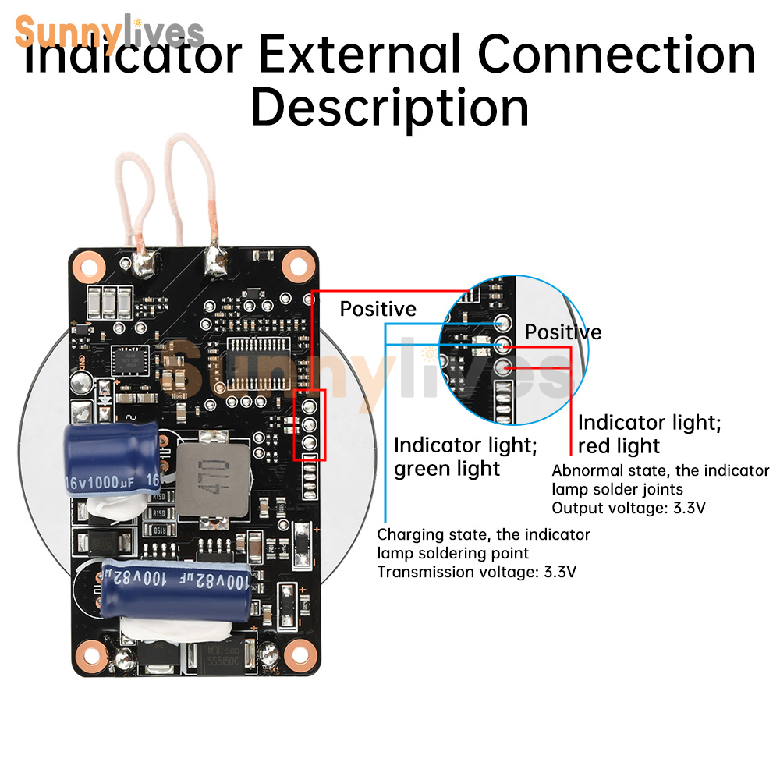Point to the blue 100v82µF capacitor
175,582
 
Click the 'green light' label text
446,469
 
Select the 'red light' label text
619,446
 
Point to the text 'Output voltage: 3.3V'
629,509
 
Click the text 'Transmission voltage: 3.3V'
477,572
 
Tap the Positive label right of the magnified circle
562,332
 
